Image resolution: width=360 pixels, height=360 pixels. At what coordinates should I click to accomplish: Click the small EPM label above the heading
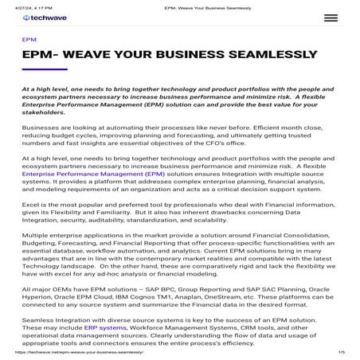coord(29,37)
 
